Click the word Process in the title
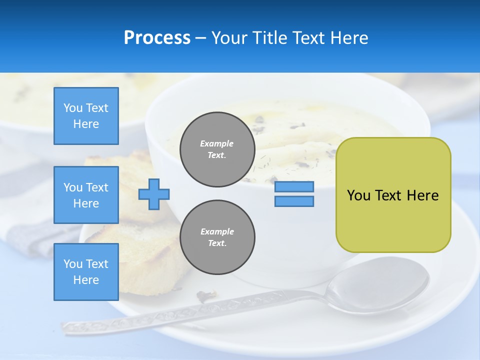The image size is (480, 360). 157,38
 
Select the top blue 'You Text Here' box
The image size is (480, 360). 86,116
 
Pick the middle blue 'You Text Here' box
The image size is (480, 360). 86,195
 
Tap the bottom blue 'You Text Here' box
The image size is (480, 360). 86,272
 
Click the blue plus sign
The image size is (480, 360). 154,194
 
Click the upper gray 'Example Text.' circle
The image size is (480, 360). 217,149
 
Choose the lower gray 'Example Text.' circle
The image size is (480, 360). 217,237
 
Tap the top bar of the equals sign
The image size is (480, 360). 294,187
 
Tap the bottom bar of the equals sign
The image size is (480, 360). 294,201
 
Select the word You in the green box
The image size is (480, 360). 358,195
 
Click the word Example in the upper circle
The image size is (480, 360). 217,143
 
